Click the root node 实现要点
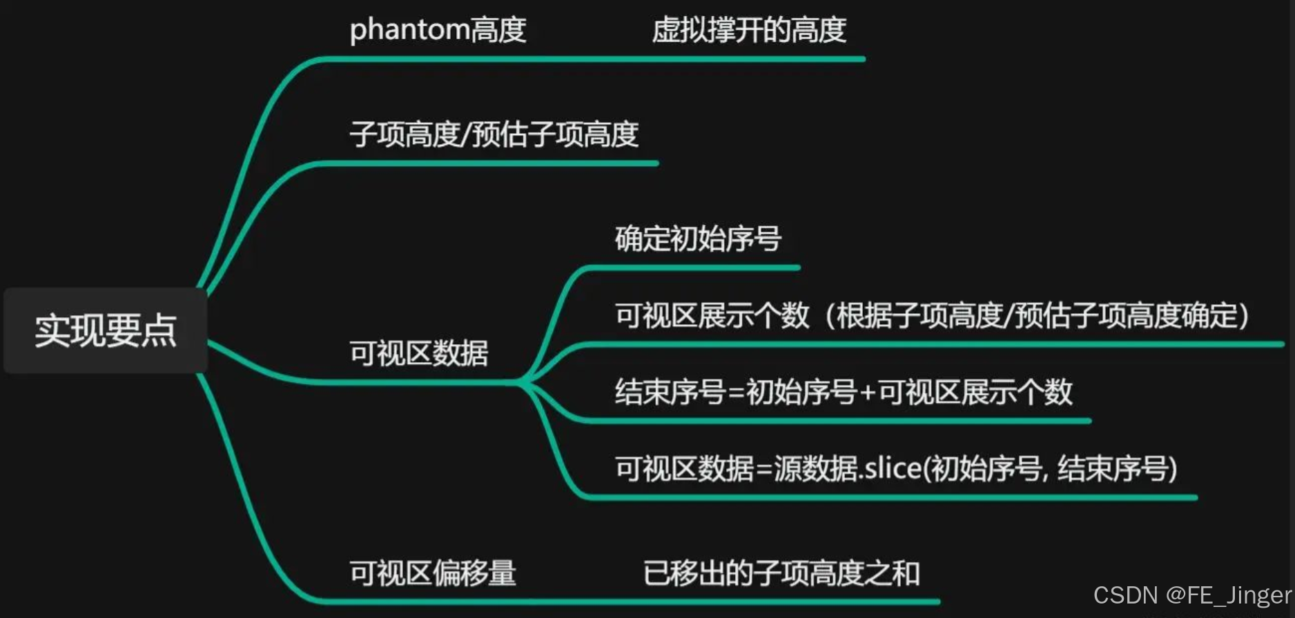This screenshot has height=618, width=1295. click(106, 330)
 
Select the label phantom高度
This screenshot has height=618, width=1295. click(438, 30)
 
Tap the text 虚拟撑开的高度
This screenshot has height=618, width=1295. click(749, 30)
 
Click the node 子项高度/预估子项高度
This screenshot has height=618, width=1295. click(494, 134)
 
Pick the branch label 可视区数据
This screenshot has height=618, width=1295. click(418, 353)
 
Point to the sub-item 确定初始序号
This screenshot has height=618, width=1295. click(698, 239)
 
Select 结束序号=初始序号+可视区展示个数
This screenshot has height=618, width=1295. click(844, 392)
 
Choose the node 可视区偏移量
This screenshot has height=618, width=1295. click(433, 573)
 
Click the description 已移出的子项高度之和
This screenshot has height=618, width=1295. click(781, 573)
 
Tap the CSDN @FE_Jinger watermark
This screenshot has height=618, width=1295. click(1192, 595)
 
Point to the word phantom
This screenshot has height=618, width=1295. click(410, 30)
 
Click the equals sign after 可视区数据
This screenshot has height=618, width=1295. click(763, 470)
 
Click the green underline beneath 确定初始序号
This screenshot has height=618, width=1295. click(690, 268)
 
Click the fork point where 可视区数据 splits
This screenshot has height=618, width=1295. click(522, 381)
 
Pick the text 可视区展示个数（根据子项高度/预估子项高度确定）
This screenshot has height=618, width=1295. click(932, 316)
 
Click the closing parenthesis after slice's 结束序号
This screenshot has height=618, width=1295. click(1172, 470)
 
